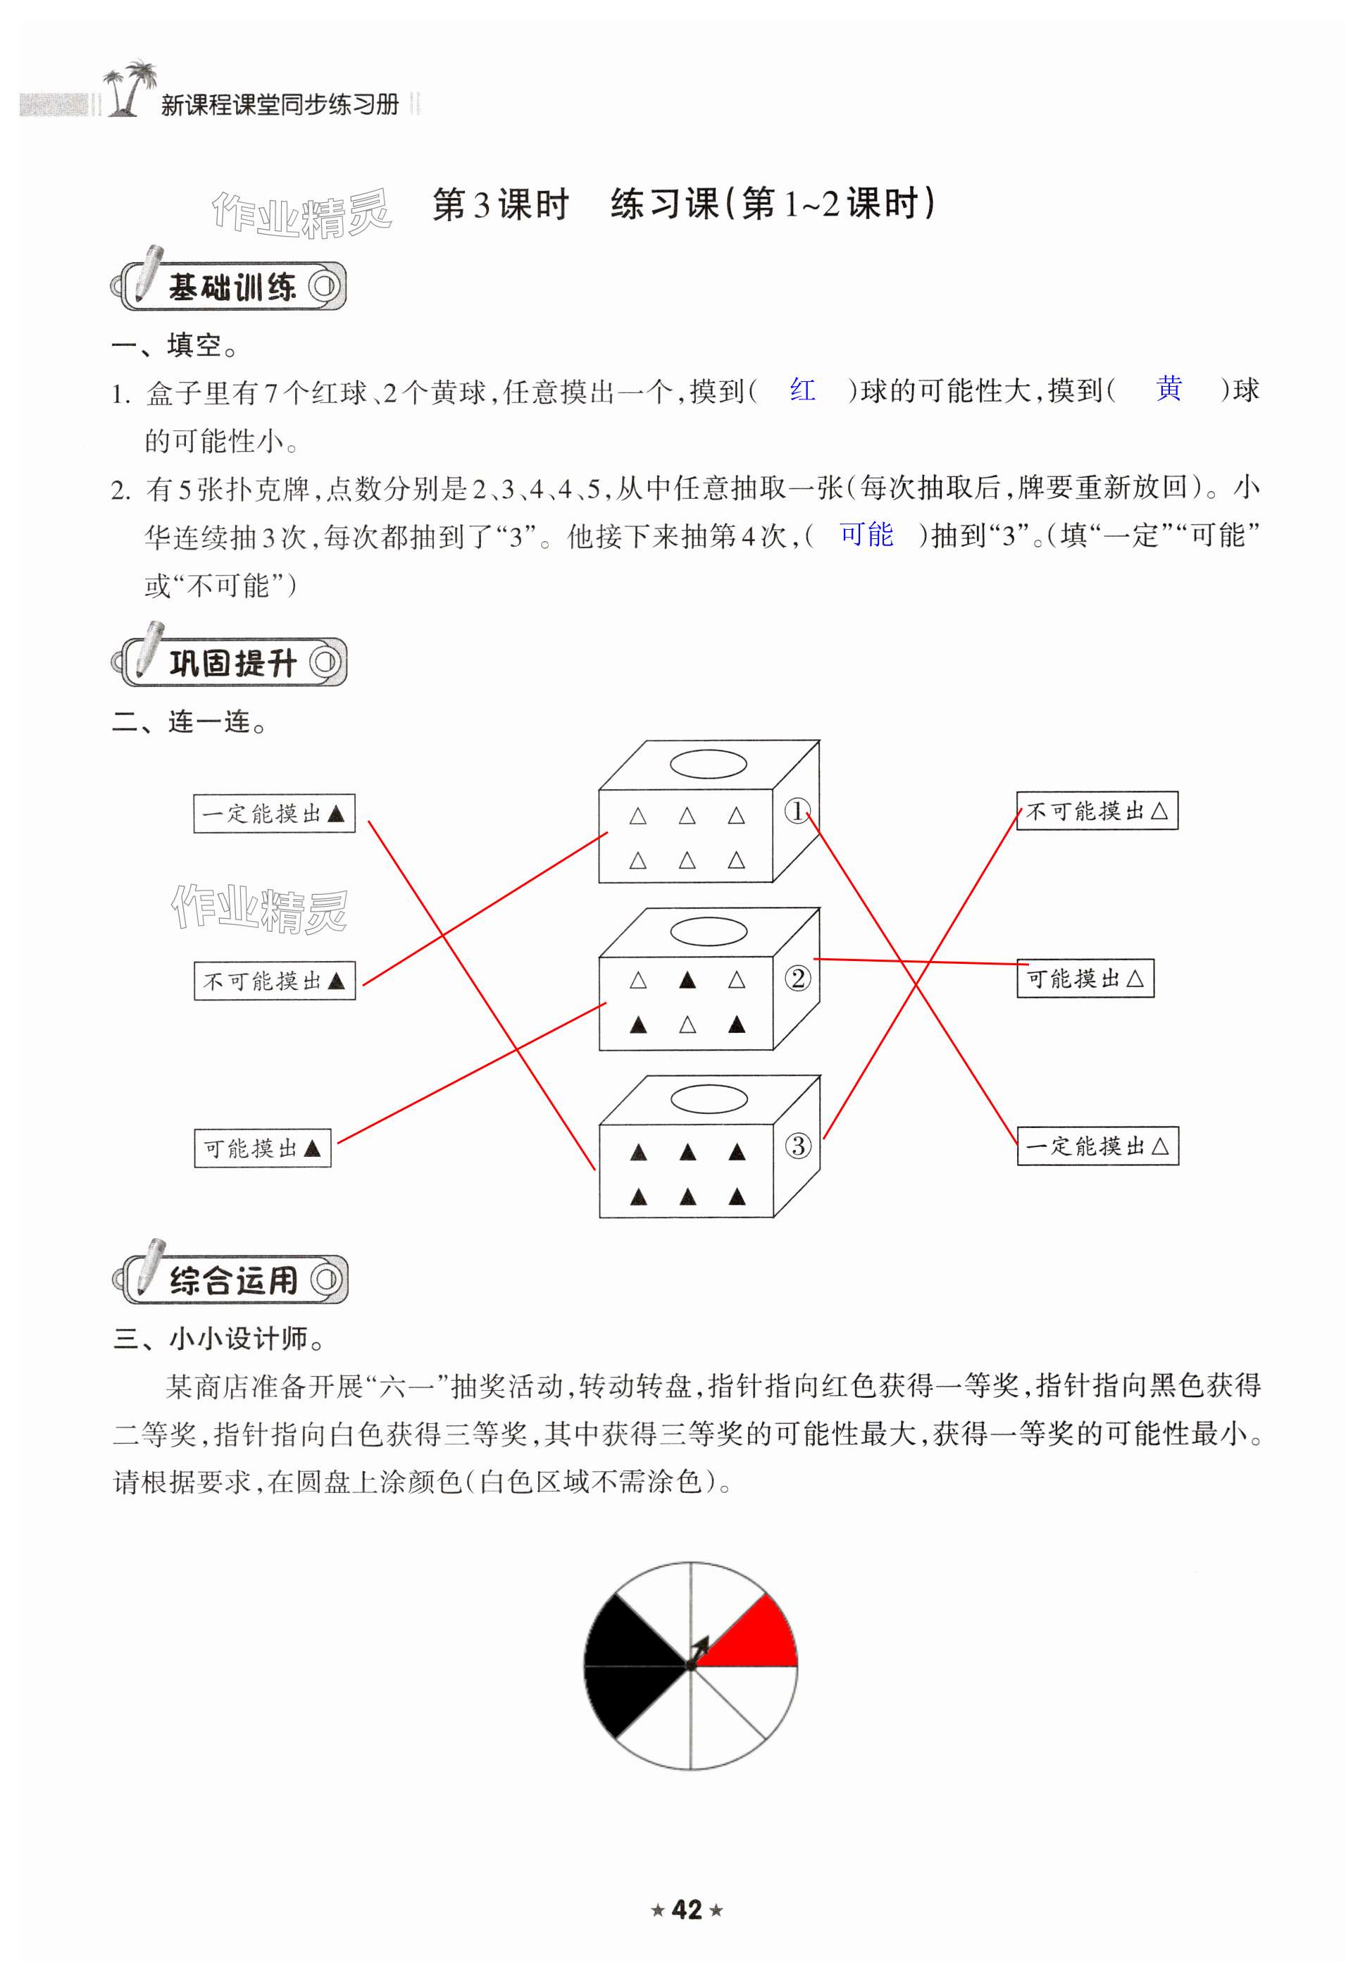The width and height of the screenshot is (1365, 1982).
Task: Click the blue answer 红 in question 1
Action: coord(802,390)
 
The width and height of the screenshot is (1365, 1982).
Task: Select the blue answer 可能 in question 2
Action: coord(866,535)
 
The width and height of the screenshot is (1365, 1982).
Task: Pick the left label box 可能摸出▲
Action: coord(262,1148)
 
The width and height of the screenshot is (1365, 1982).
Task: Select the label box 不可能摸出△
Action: coord(1097,810)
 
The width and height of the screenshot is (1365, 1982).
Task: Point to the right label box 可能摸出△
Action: coord(1085,978)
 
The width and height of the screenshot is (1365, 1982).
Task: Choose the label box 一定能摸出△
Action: coord(1097,1146)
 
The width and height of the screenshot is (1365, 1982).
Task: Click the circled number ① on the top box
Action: coord(797,810)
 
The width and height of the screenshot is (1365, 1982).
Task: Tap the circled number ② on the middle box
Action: coord(797,978)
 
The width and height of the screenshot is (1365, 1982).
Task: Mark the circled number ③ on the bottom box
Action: coord(797,1146)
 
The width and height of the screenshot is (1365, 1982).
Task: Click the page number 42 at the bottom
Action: coord(687,1909)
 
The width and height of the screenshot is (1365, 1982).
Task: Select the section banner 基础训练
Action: coord(231,287)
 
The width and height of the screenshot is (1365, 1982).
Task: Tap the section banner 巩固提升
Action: coord(231,662)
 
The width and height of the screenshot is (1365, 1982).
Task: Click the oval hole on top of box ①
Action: coord(708,763)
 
